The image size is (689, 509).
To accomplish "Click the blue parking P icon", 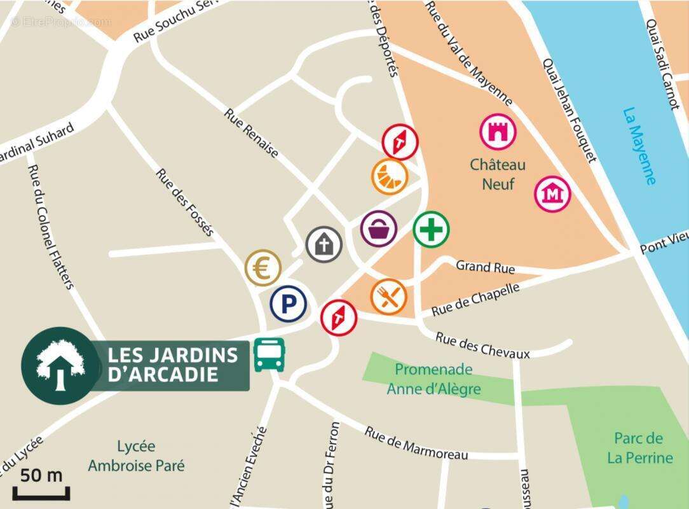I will (289, 304).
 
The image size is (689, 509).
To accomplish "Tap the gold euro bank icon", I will (263, 268).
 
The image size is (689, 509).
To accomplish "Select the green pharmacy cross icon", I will (431, 229).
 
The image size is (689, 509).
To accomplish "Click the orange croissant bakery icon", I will (390, 175).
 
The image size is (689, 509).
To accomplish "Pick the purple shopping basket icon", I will (379, 228).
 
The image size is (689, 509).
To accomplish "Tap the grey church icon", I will (324, 244).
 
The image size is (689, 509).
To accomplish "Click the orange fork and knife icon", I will (389, 296).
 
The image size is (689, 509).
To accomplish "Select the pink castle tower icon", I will (498, 132).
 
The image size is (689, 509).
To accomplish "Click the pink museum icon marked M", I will (552, 194).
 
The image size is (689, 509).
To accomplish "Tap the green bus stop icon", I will (269, 354).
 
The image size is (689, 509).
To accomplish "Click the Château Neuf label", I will (498, 174).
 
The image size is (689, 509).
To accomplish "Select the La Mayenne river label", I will (639, 145).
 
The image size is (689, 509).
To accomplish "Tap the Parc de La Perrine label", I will (639, 448).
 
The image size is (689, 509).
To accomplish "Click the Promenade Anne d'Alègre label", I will (433, 379).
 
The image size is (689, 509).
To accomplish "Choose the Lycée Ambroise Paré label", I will (136, 456).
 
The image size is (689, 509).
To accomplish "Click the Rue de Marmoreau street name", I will (416, 443).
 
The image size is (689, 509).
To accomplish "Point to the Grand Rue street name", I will (485, 267).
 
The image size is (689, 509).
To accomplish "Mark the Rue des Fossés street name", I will (185, 202).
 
